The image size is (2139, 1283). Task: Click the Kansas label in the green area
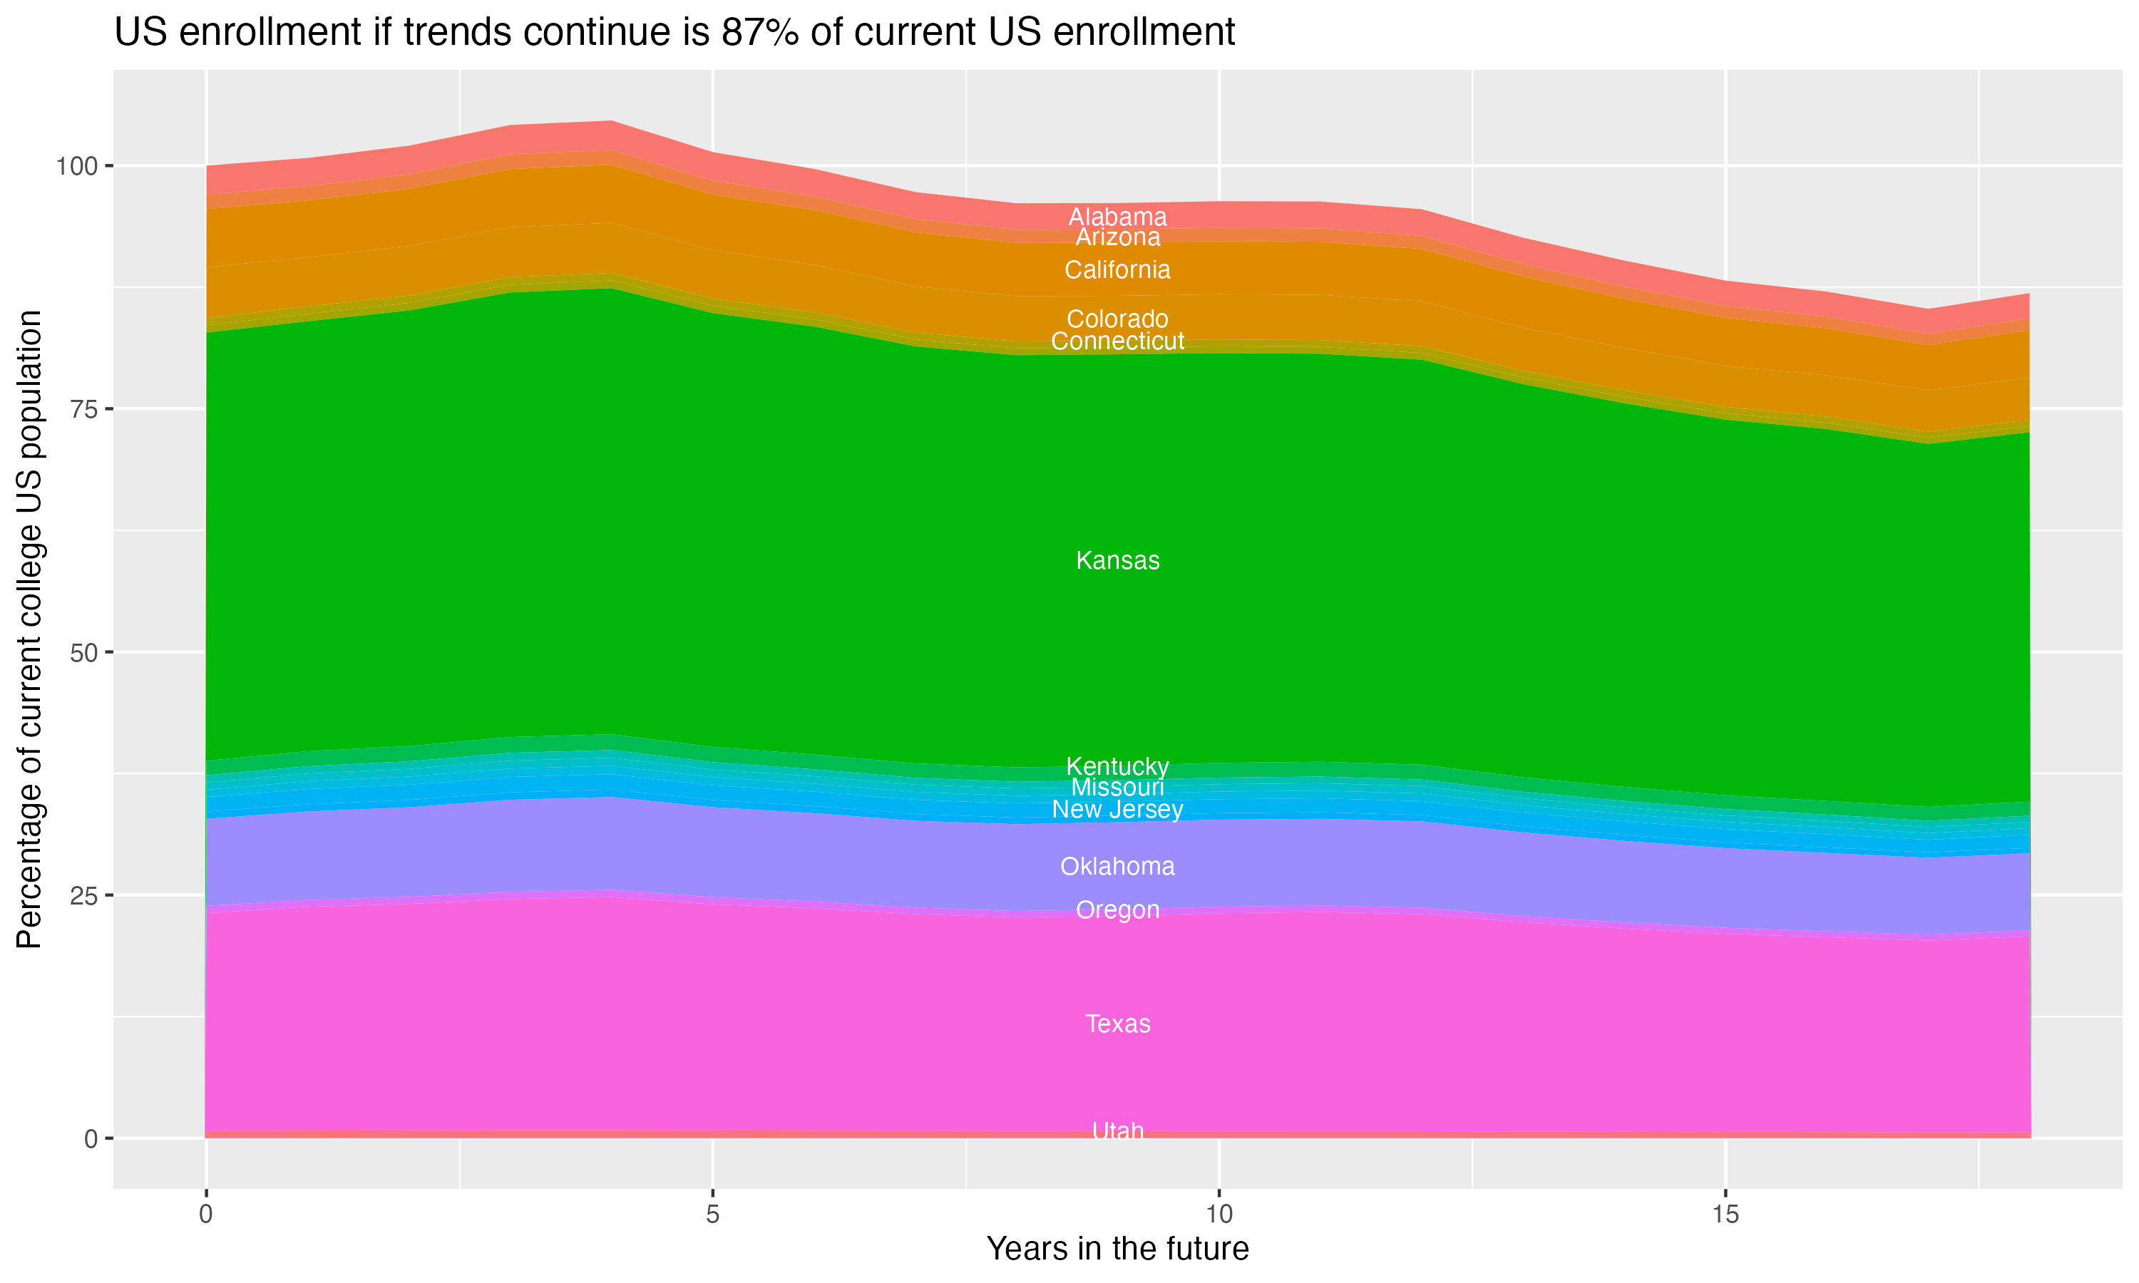pyautogui.click(x=1117, y=560)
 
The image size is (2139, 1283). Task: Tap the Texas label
pyautogui.click(x=1117, y=1024)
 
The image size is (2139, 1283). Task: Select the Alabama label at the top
pyautogui.click(x=1117, y=216)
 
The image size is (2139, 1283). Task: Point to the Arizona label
pyautogui.click(x=1117, y=237)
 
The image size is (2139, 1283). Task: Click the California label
pyautogui.click(x=1117, y=269)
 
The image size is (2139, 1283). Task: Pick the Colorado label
pyautogui.click(x=1117, y=319)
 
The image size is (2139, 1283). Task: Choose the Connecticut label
pyautogui.click(x=1117, y=341)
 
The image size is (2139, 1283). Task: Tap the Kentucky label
pyautogui.click(x=1117, y=766)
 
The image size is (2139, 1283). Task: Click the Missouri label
pyautogui.click(x=1117, y=788)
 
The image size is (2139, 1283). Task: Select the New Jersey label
pyautogui.click(x=1117, y=809)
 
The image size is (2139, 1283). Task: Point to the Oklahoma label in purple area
pyautogui.click(x=1117, y=866)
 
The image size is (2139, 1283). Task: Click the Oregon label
pyautogui.click(x=1117, y=910)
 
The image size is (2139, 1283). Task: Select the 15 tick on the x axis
pyautogui.click(x=1725, y=1215)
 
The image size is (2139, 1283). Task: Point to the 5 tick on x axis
pyautogui.click(x=712, y=1215)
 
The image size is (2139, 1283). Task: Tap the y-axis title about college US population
pyautogui.click(x=30, y=629)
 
